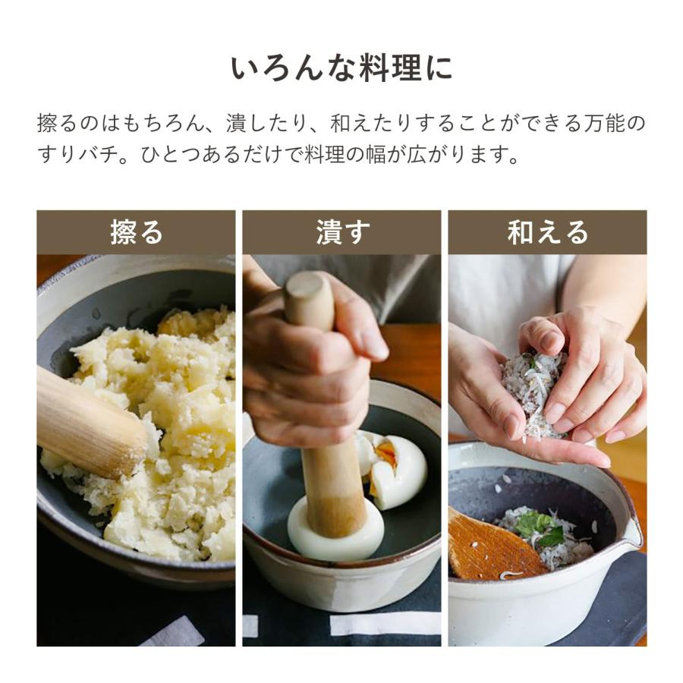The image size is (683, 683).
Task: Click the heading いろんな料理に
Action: click(x=341, y=68)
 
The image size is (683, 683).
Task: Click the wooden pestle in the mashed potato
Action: click(x=87, y=421)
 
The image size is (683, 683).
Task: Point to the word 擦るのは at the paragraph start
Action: click(x=79, y=123)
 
